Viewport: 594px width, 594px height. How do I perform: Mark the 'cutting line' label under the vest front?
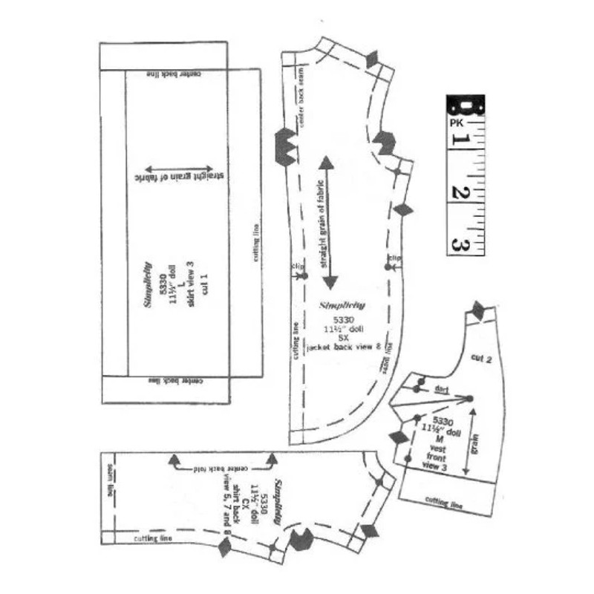[444, 503]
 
